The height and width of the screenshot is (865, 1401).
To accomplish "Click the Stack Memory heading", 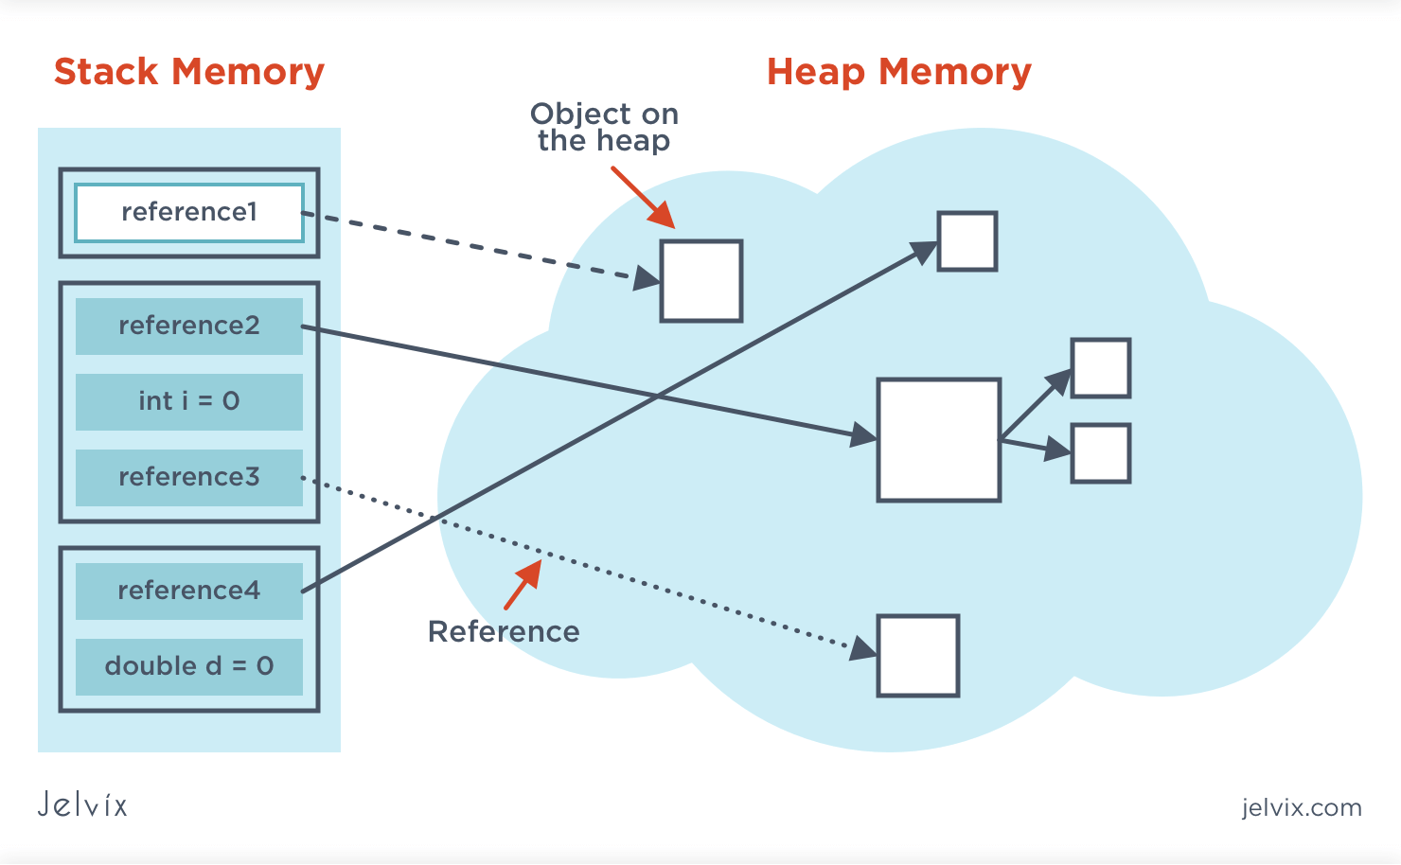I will [189, 72].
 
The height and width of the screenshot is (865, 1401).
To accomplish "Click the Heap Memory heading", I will [898, 72].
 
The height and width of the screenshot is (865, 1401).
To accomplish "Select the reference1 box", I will [189, 212].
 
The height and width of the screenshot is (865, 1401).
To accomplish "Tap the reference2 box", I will [189, 326].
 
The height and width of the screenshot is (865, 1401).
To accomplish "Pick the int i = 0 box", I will [189, 401].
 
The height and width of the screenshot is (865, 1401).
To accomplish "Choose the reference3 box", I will [189, 477].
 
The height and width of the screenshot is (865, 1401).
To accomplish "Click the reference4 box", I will [189, 591].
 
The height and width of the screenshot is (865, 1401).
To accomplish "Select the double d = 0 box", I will [189, 666].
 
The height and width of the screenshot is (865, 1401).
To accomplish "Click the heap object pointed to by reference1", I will [700, 281].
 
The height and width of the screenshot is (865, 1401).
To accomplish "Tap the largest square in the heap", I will [938, 440].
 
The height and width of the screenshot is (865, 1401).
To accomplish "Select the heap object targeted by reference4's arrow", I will [967, 241].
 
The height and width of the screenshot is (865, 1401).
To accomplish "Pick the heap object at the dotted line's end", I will [917, 656].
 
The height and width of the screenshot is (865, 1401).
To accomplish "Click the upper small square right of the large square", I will [1100, 368].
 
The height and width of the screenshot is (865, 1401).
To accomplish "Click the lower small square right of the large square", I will [1100, 453].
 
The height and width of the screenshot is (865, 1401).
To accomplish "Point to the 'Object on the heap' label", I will [604, 127].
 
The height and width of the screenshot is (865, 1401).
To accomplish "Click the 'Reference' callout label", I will [504, 631].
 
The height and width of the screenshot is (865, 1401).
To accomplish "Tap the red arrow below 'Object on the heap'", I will [643, 197].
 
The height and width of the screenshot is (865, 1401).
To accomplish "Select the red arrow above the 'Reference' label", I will [523, 585].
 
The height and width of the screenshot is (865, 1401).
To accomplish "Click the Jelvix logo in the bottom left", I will [82, 804].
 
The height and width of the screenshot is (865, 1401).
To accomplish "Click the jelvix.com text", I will [1302, 807].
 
